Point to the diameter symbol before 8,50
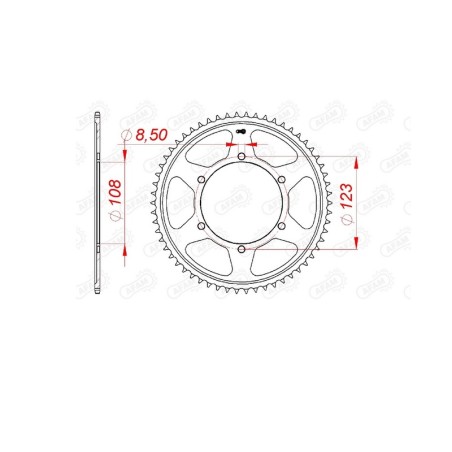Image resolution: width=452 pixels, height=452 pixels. (127, 135)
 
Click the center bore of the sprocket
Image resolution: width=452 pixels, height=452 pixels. (242, 203)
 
